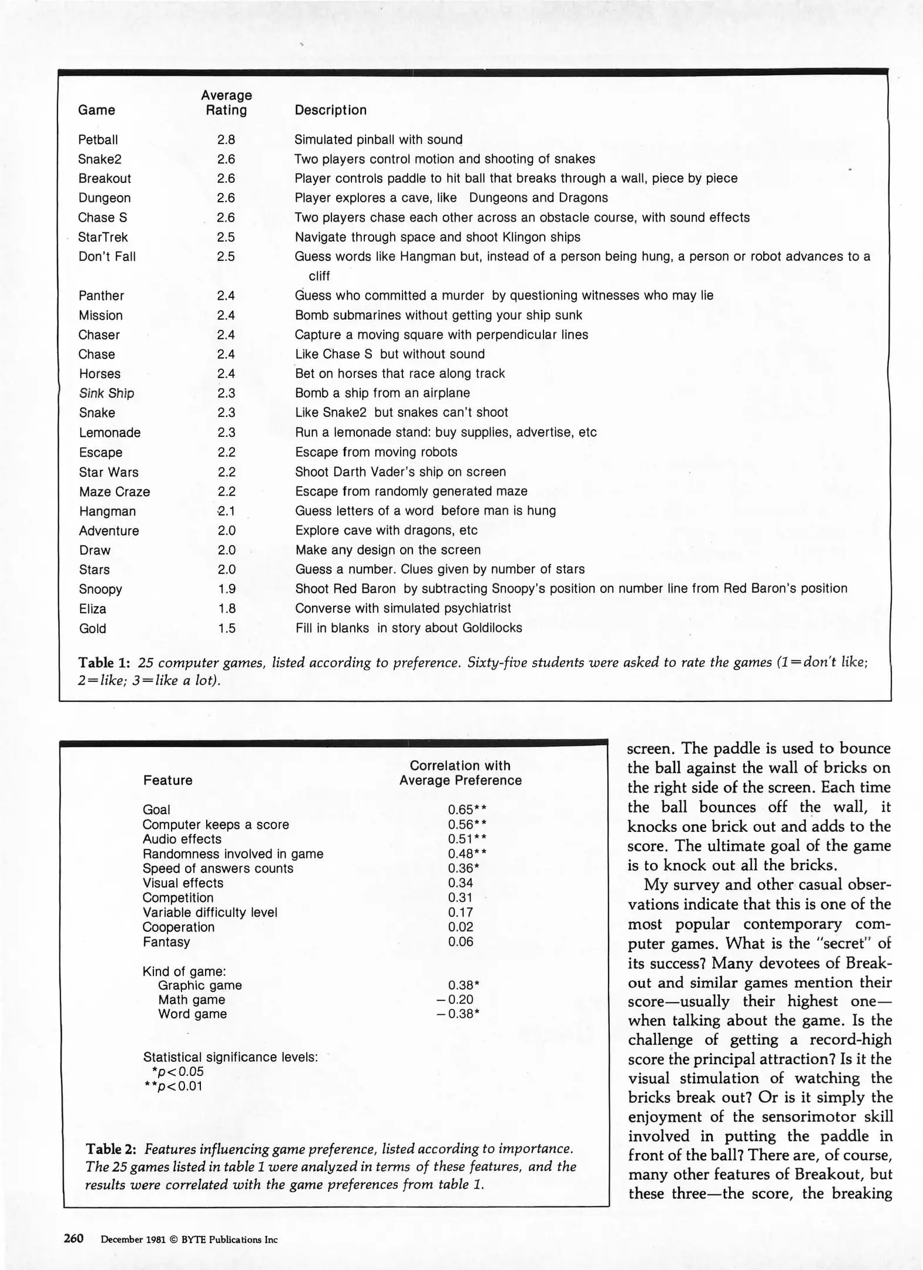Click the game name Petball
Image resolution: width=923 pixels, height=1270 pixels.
pos(98,139)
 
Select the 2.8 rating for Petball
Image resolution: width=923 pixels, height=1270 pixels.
pos(226,139)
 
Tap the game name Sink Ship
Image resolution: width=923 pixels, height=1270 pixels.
pos(106,393)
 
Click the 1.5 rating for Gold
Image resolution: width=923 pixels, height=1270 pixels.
pos(226,628)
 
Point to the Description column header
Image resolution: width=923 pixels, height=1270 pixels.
pos(330,110)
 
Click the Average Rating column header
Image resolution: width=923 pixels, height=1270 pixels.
pos(226,103)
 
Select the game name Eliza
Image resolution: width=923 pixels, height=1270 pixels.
pos(92,609)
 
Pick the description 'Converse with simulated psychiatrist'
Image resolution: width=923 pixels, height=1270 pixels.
pos(402,608)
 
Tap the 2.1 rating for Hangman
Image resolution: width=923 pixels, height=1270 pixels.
pos(226,511)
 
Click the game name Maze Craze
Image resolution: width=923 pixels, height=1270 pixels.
pos(115,492)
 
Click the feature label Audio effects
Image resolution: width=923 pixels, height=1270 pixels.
pos(182,839)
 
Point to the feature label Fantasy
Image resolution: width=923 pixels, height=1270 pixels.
pos(166,941)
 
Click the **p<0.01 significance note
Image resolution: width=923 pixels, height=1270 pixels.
pos(173,1085)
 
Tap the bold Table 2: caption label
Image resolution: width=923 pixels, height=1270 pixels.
pos(111,1148)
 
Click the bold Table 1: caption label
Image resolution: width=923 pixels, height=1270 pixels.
pos(104,663)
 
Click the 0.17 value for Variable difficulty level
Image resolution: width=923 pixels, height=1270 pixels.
pos(460,912)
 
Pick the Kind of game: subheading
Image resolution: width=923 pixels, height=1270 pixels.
pos(184,971)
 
